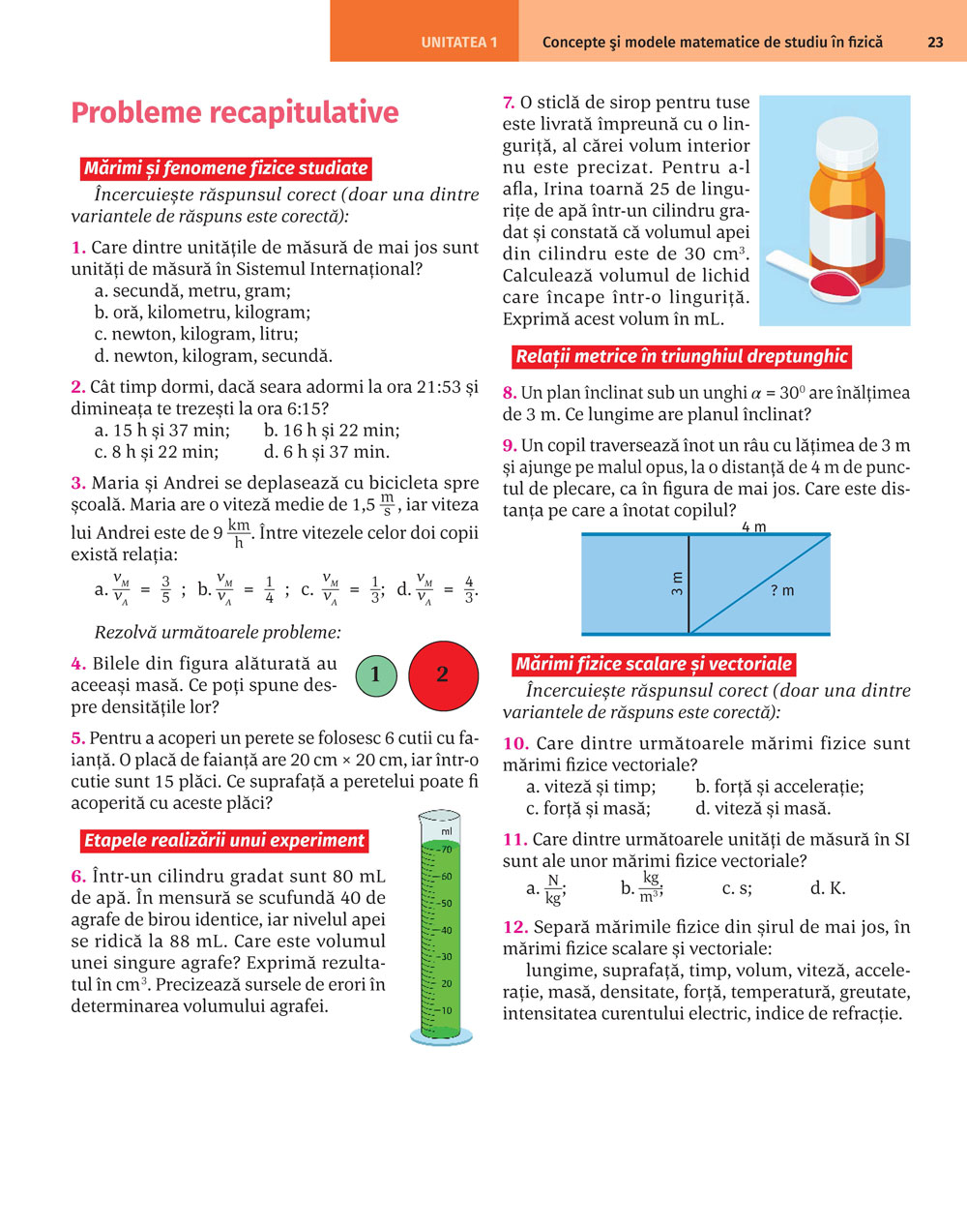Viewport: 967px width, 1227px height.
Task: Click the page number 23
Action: click(x=935, y=42)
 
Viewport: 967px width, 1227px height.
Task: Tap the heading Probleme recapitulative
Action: click(x=235, y=113)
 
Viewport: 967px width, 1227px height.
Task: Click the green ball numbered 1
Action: click(x=375, y=674)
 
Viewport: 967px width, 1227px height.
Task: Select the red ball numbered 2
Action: click(x=443, y=674)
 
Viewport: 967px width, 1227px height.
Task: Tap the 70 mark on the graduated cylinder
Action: click(x=446, y=850)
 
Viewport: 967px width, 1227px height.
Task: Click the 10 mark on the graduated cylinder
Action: click(x=446, y=1010)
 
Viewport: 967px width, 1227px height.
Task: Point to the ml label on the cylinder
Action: click(x=447, y=831)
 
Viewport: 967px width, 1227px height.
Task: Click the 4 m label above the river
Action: click(x=753, y=527)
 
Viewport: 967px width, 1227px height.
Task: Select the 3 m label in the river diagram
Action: click(x=677, y=583)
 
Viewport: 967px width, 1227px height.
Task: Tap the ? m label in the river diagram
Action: click(x=782, y=590)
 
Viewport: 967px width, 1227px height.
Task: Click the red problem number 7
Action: click(x=509, y=103)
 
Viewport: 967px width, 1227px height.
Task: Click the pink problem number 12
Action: click(x=514, y=927)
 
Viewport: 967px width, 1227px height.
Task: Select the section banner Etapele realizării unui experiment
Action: click(x=223, y=841)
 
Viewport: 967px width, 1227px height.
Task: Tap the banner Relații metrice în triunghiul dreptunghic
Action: click(x=681, y=357)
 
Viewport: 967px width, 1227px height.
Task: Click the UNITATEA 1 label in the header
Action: click(x=459, y=43)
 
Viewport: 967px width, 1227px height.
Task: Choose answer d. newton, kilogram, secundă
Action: click(x=213, y=356)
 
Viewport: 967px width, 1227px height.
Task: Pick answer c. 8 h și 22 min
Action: click(x=157, y=452)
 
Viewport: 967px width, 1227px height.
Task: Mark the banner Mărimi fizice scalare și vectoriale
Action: click(x=654, y=665)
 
